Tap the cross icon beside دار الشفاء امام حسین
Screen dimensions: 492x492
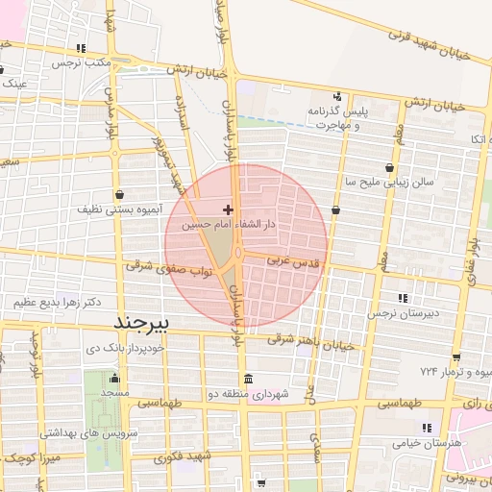(228, 209)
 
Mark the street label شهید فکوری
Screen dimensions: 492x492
(175, 457)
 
